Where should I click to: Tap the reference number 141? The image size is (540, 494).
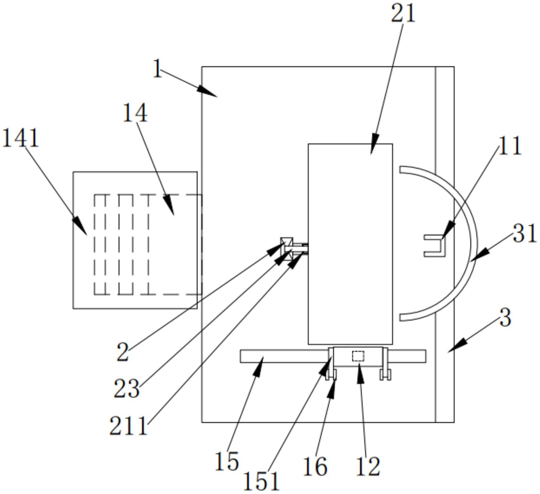tap(20, 138)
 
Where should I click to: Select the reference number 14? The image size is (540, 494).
tap(135, 113)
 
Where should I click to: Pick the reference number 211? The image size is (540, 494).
tap(129, 426)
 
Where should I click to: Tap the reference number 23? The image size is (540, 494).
tap(127, 389)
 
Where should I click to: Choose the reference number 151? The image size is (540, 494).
tap(261, 481)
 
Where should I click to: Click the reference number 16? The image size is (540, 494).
tap(315, 466)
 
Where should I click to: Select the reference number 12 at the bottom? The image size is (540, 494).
tap(368, 466)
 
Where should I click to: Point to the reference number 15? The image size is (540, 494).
tap(227, 461)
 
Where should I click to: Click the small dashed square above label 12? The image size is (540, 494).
tap(358, 356)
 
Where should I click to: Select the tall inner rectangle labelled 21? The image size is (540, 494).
tap(350, 244)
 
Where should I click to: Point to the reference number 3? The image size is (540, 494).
tap(505, 318)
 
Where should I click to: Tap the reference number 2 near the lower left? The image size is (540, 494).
tap(123, 352)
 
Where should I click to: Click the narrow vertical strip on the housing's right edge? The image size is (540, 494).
tap(445, 244)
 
